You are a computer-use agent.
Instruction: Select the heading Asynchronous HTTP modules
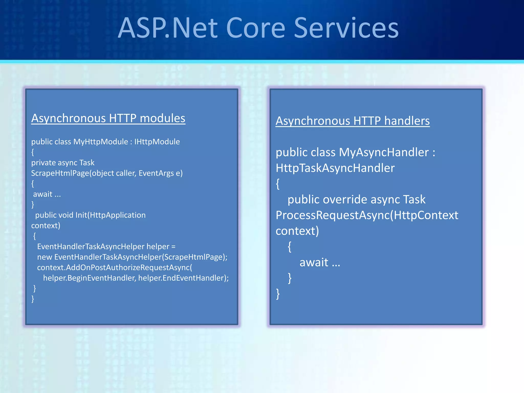pos(108,118)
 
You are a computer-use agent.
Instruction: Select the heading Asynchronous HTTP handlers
pos(353,121)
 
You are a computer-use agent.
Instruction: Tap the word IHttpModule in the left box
pos(157,142)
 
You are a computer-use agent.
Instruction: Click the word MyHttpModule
pos(101,142)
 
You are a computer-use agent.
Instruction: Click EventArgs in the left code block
pos(156,173)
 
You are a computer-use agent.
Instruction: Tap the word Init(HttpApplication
pos(110,215)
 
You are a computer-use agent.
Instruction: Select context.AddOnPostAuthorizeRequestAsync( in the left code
pos(114,267)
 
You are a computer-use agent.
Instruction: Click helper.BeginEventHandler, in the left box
pos(89,278)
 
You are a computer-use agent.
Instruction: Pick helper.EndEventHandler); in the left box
pos(183,278)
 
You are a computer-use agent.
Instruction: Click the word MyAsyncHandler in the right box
pos(384,152)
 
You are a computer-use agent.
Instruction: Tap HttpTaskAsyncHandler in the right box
pos(335,168)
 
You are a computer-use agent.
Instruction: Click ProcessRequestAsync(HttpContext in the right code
pos(367,215)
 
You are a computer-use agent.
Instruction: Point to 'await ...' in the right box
pos(320,263)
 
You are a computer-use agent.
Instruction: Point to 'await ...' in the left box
pos(47,194)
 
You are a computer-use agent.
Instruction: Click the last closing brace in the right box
pos(278,294)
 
